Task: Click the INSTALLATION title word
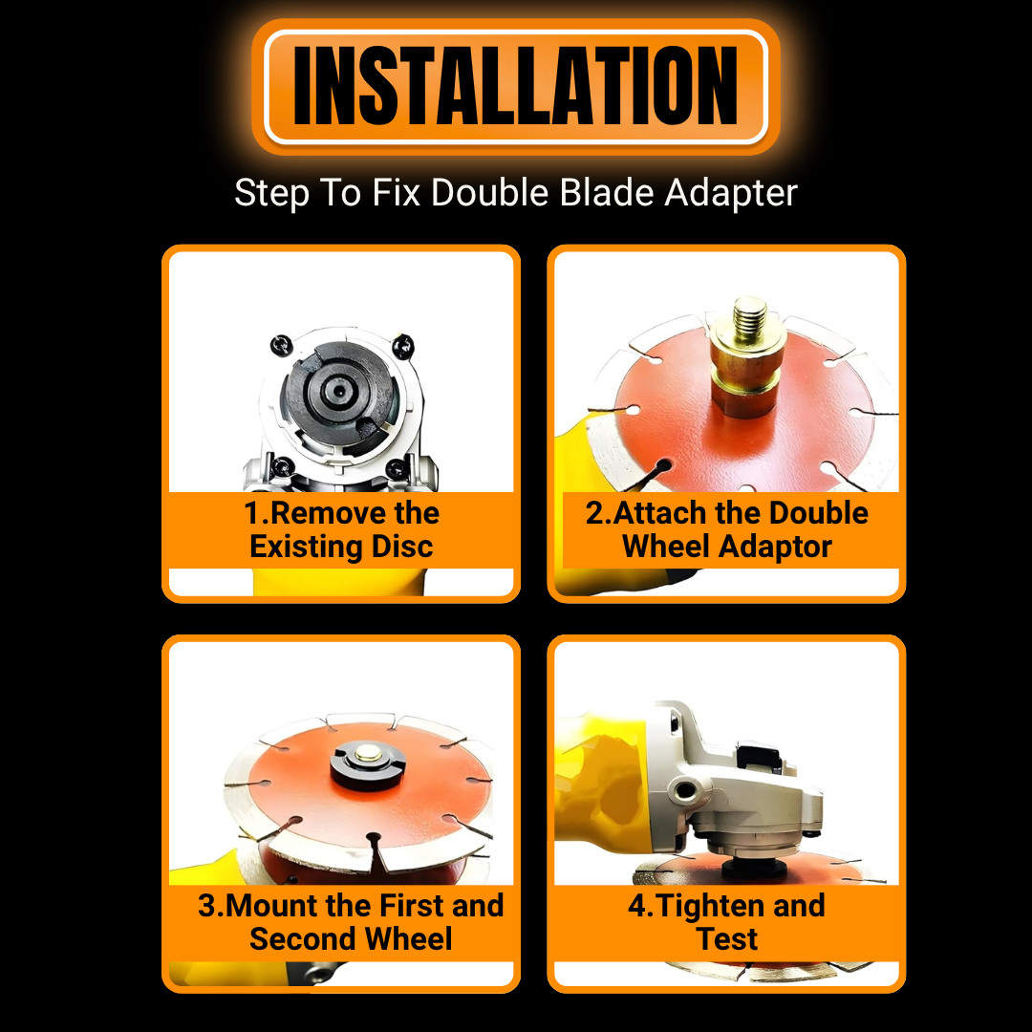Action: tap(515, 86)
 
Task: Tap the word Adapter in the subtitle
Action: tap(731, 193)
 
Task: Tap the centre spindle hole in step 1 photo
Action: tap(338, 391)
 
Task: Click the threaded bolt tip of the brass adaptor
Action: tap(750, 315)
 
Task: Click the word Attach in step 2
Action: tap(658, 513)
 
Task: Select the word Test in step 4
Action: tap(726, 938)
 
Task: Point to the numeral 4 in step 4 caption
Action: tap(637, 906)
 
